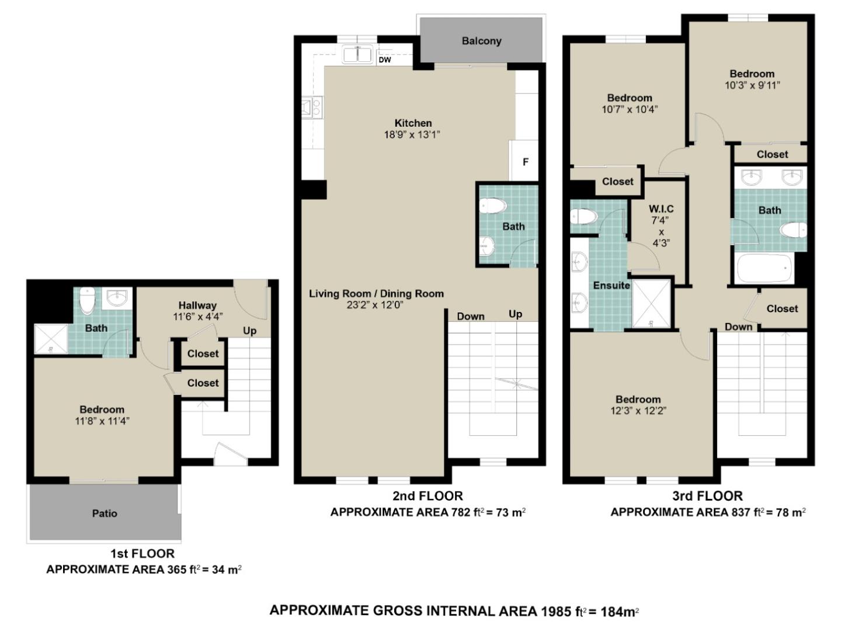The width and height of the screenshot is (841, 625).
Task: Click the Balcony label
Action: click(x=481, y=41)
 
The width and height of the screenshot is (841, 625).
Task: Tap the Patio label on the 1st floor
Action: click(x=105, y=513)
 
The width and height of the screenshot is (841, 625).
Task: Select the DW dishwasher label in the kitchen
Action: click(x=385, y=60)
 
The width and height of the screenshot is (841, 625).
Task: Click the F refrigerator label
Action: click(x=526, y=162)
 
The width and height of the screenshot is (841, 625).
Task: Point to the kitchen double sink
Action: click(x=358, y=55)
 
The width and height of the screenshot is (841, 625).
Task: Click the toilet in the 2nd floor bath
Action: click(x=492, y=206)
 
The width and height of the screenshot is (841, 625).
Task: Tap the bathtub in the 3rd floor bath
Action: click(x=764, y=269)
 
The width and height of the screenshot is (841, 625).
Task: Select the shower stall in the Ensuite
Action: click(x=651, y=303)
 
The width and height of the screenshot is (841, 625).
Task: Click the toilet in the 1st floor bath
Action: click(x=87, y=300)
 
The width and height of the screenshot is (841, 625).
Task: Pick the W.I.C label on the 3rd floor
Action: click(x=661, y=209)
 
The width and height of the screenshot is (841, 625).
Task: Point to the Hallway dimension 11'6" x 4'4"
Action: click(x=198, y=317)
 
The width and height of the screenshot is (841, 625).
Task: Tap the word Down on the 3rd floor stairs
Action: click(x=738, y=327)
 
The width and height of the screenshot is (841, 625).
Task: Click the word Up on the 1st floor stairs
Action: click(x=249, y=331)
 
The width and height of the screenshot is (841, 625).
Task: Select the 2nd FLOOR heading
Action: click(x=428, y=496)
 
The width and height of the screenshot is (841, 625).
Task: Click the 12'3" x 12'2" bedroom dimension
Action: click(x=638, y=411)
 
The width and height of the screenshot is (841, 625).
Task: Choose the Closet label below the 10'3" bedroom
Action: click(x=772, y=154)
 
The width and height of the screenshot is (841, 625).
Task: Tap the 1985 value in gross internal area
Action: click(x=555, y=611)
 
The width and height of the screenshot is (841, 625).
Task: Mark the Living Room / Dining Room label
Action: click(x=376, y=294)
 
